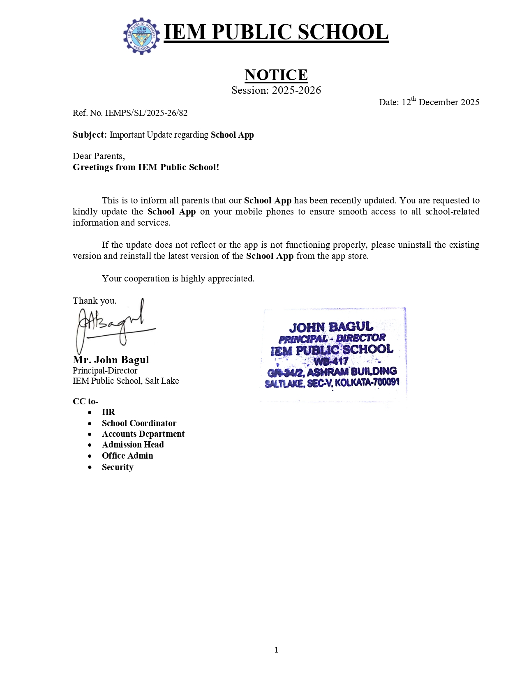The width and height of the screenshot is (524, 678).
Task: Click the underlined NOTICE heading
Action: click(276, 75)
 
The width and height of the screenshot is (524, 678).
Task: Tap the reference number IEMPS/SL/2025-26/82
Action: click(146, 113)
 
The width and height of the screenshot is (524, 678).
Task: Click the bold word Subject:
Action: click(90, 135)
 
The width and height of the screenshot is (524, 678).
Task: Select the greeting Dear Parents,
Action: click(99, 156)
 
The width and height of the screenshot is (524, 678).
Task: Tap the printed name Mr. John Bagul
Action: click(111, 360)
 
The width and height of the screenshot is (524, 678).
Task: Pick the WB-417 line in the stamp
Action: click(331, 362)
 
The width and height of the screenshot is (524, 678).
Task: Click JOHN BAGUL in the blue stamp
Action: click(331, 327)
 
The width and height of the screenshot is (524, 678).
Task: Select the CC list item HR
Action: click(108, 412)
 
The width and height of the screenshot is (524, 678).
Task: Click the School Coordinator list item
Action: click(139, 423)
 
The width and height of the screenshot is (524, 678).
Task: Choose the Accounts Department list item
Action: click(143, 434)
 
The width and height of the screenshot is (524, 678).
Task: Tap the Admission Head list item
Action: click(133, 445)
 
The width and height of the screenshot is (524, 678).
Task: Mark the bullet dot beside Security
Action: click(90, 468)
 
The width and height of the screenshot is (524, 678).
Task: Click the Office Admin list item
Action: click(127, 456)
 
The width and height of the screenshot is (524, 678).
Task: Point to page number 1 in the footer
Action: click(276, 650)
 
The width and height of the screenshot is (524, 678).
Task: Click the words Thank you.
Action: click(95, 301)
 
